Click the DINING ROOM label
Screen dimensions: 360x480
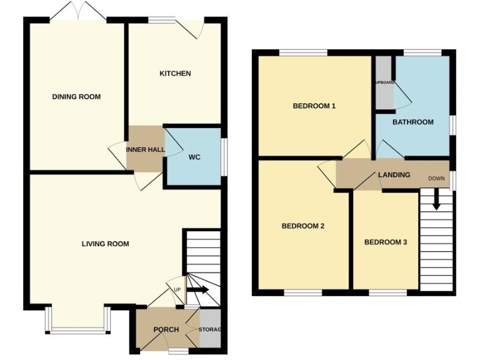pyautogui.click(x=76, y=97)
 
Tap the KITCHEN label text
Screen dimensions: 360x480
pyautogui.click(x=175, y=74)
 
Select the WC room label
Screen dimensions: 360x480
pyautogui.click(x=194, y=157)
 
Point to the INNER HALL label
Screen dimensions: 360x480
pyautogui.click(x=145, y=150)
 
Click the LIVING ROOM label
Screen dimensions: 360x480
pyautogui.click(x=105, y=244)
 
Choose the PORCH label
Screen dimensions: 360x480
pyautogui.click(x=166, y=330)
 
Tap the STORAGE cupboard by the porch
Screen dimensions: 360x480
pyautogui.click(x=210, y=329)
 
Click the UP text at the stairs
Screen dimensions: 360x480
pyautogui.click(x=177, y=290)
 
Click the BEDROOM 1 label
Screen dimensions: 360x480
pyautogui.click(x=314, y=106)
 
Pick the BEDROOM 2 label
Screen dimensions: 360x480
pyautogui.click(x=302, y=226)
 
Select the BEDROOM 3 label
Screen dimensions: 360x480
pyautogui.click(x=386, y=242)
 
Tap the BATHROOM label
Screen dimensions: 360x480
pyautogui.click(x=412, y=122)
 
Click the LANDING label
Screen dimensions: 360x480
pyautogui.click(x=394, y=175)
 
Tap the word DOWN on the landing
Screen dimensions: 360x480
pyautogui.click(x=436, y=179)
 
